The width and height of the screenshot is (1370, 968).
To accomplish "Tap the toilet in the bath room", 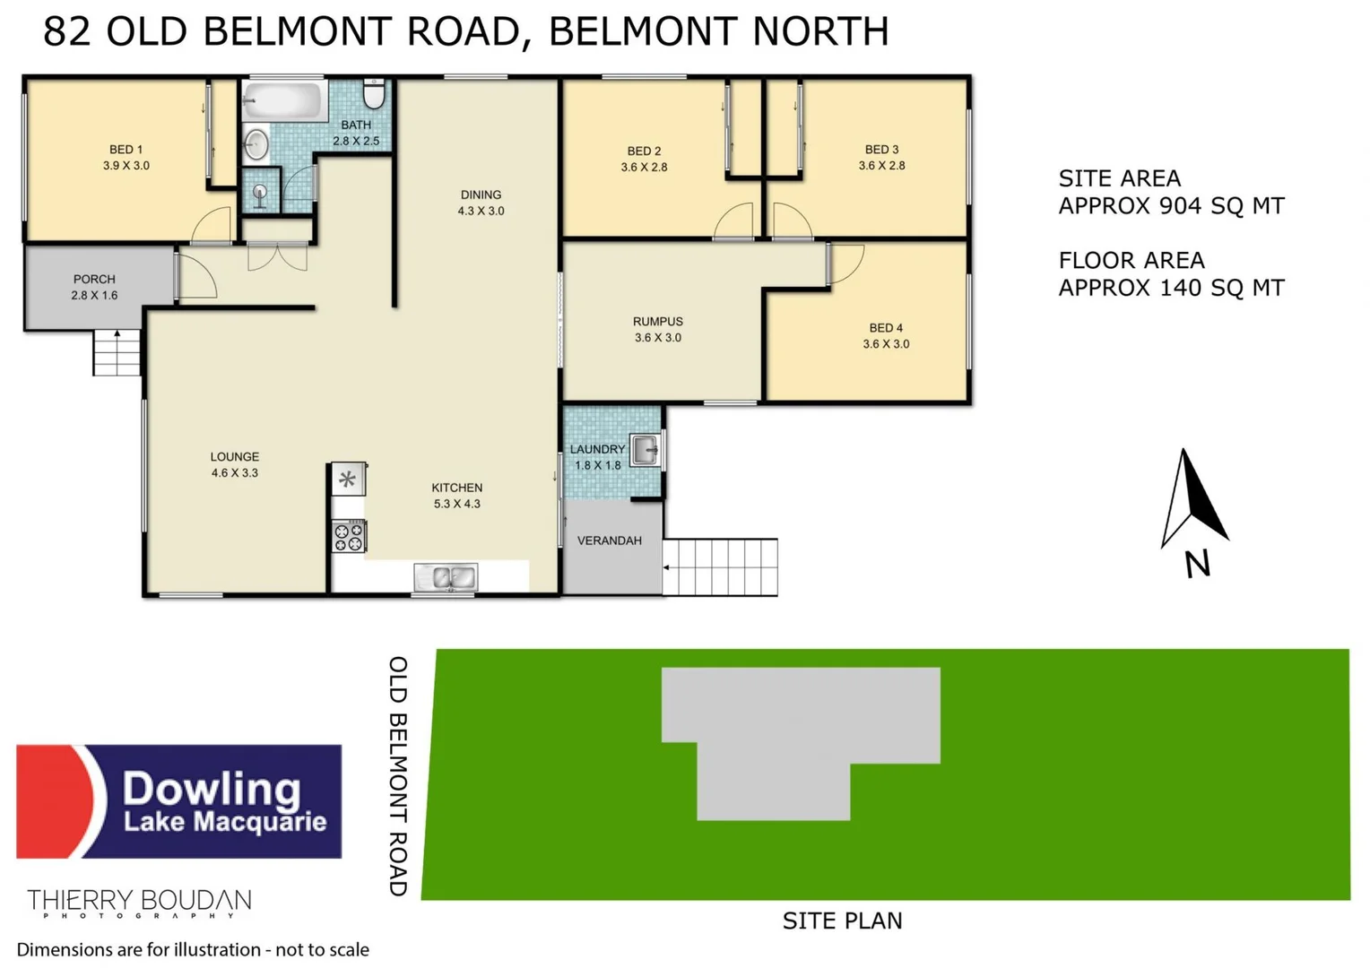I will click(x=374, y=93).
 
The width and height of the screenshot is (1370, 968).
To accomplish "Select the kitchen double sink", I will click(x=445, y=578).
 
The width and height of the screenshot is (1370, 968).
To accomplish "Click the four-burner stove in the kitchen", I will click(x=349, y=537).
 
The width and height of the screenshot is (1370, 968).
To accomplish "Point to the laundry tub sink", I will click(x=645, y=450).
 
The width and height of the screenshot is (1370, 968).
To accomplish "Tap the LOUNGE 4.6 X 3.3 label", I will click(x=234, y=464).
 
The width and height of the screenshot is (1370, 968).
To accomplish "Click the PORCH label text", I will click(x=94, y=279).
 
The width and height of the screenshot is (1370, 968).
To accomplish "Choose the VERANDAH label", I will click(x=609, y=540).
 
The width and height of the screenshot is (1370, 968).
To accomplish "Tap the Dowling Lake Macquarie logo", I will click(x=179, y=801).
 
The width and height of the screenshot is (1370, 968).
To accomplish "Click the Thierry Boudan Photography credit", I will click(x=139, y=903).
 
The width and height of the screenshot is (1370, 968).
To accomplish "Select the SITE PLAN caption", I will click(x=842, y=920).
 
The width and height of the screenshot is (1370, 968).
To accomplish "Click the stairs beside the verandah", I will click(x=721, y=567).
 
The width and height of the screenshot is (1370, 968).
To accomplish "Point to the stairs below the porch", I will click(x=117, y=352).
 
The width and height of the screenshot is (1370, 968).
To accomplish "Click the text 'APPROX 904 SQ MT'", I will click(x=1171, y=206).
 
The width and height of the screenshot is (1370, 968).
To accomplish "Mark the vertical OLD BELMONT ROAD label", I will click(x=398, y=775).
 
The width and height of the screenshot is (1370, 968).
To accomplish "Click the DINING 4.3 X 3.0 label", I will click(x=481, y=203).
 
